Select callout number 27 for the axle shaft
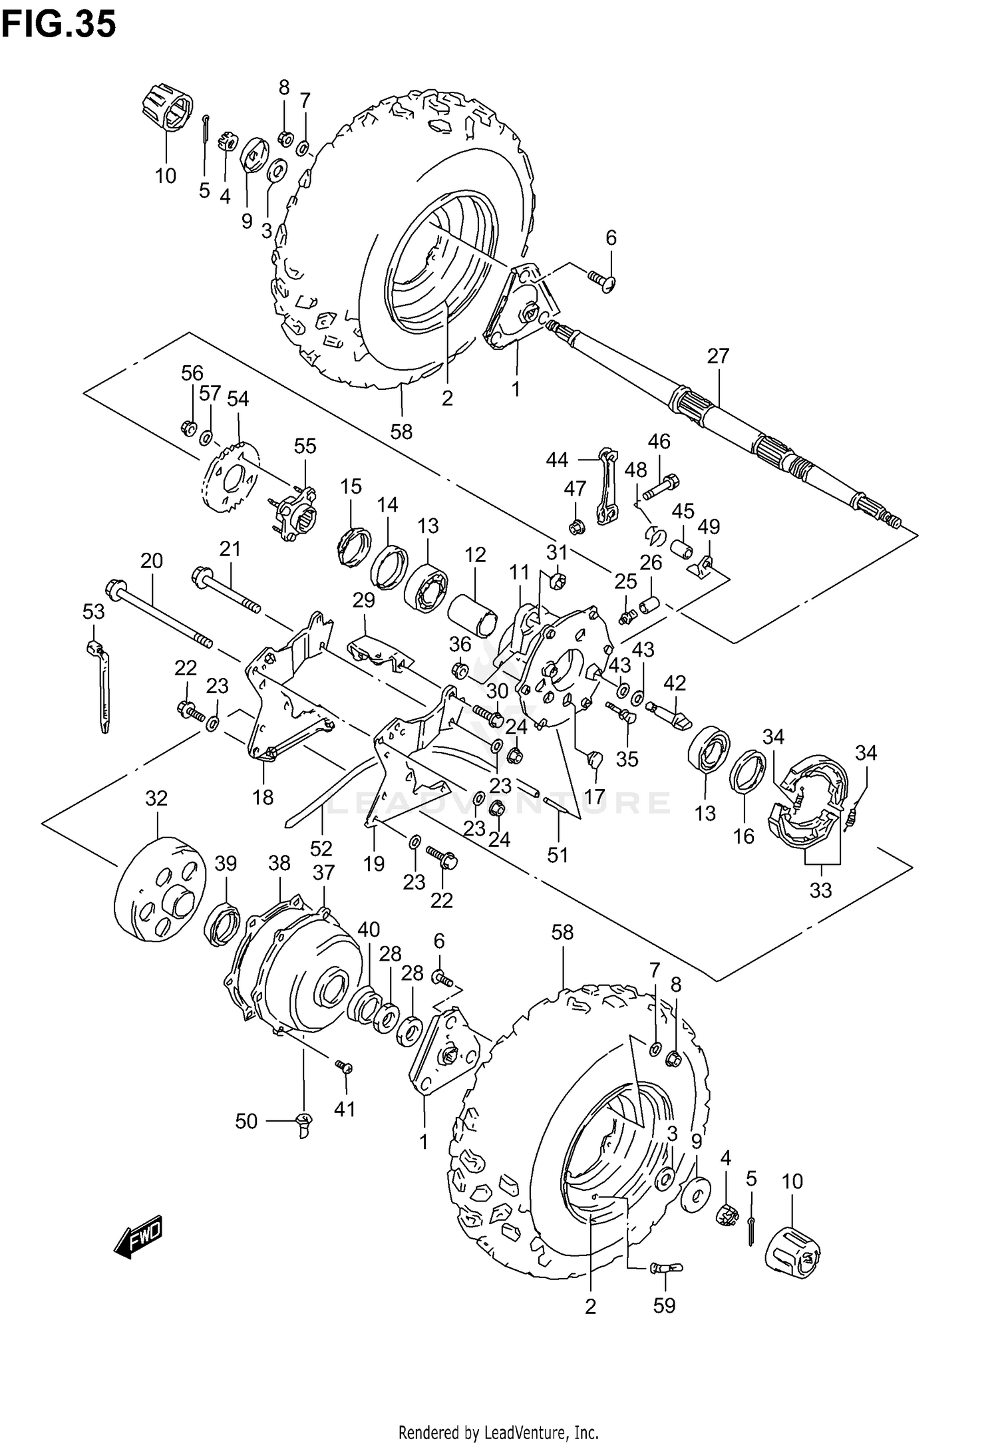[x=718, y=356]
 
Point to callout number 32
[x=156, y=798]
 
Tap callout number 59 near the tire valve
[x=664, y=1305]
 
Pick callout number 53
[x=93, y=611]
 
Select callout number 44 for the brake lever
[x=558, y=459]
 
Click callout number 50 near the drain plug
[x=246, y=1121]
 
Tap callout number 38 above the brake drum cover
[x=279, y=863]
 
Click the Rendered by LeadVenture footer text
[x=498, y=1427]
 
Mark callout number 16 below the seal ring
[x=744, y=836]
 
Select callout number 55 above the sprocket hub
[x=305, y=446]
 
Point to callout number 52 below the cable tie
[x=321, y=848]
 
